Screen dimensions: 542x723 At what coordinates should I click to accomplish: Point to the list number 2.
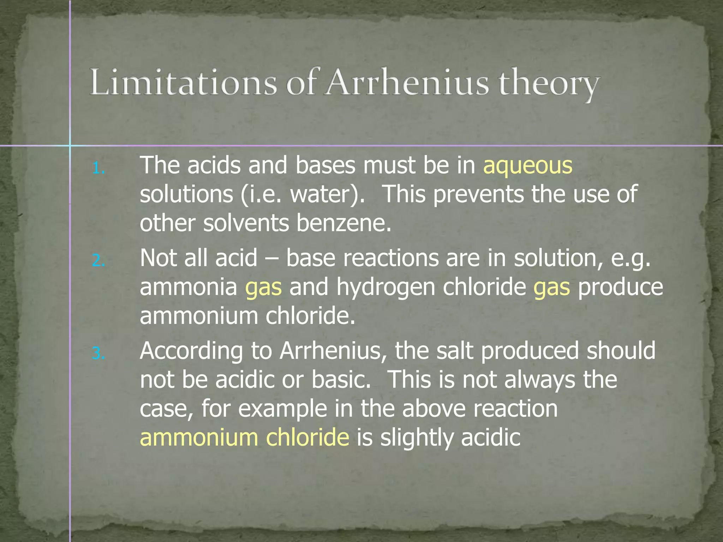(98, 261)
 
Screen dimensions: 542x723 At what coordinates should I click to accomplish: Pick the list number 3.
(98, 353)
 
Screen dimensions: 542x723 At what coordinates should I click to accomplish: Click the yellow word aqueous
(527, 166)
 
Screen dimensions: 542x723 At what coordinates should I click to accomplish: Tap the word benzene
(344, 223)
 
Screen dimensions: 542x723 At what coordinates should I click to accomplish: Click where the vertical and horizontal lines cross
(70, 145)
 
